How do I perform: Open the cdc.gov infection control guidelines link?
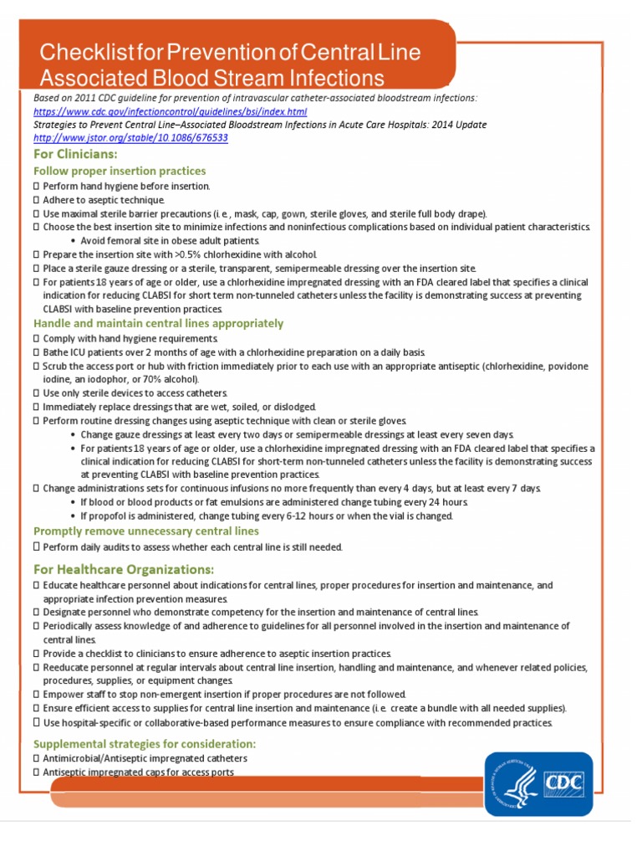(x=171, y=111)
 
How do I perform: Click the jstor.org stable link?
(x=130, y=137)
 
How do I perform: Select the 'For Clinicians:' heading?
(x=75, y=154)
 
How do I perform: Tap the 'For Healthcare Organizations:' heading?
(x=120, y=569)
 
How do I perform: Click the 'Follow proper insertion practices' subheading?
(x=120, y=171)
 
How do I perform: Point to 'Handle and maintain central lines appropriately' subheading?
(x=158, y=323)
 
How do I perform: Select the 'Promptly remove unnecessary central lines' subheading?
(x=145, y=531)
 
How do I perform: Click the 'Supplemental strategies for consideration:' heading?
(x=144, y=743)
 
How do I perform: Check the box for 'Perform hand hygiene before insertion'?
(x=36, y=186)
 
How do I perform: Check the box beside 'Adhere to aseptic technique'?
(x=36, y=200)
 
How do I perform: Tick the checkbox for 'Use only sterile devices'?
(x=36, y=393)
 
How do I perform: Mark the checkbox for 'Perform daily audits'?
(x=36, y=547)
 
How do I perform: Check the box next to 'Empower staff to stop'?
(x=36, y=695)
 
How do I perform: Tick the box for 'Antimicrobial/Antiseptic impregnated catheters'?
(x=36, y=758)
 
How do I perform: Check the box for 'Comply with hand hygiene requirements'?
(x=36, y=338)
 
